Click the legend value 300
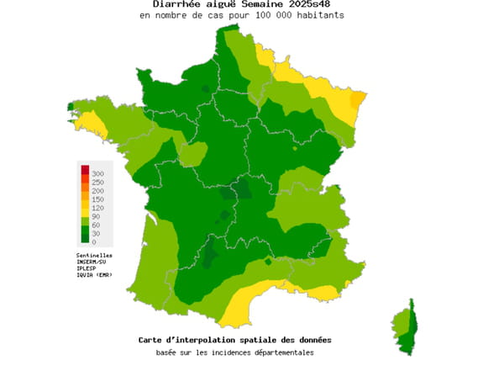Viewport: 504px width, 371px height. pyautogui.click(x=97, y=173)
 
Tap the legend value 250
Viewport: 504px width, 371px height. pyautogui.click(x=97, y=182)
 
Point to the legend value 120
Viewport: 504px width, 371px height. pyautogui.click(x=97, y=207)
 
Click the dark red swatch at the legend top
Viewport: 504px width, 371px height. pyautogui.click(x=85, y=171)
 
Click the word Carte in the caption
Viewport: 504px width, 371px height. pyautogui.click(x=152, y=340)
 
